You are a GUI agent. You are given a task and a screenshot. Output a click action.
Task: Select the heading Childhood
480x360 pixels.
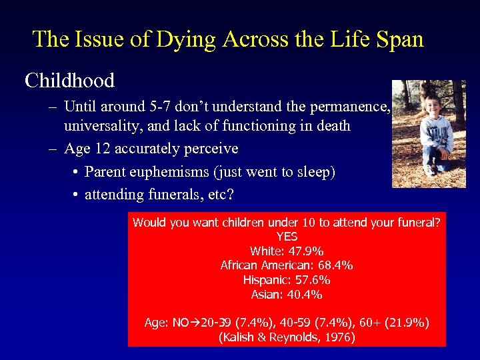[x=69, y=81]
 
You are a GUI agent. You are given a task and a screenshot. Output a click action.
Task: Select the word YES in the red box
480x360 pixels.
[x=287, y=237]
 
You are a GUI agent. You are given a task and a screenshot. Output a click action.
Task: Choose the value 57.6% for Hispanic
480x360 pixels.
[x=311, y=280]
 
